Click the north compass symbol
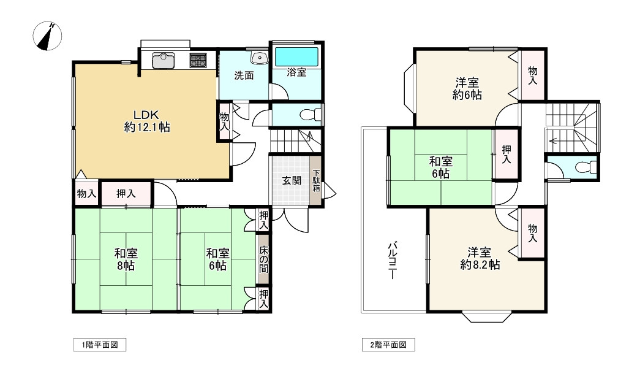pos(47,36)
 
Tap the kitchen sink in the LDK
pos(164,60)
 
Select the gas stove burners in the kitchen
pos(198,60)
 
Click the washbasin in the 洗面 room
pos(259,58)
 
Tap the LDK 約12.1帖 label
pos(147,121)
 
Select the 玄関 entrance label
pos(292,180)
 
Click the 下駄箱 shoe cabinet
pos(316,180)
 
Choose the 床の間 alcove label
pos(263,259)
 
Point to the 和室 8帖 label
pos(126,259)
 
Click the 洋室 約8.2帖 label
pos(480,258)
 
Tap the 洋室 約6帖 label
pos(467,89)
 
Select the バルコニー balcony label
pos(393,260)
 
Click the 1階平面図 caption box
pos(100,345)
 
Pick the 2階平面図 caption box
pos(388,345)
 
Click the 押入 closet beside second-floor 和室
pos(507,154)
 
